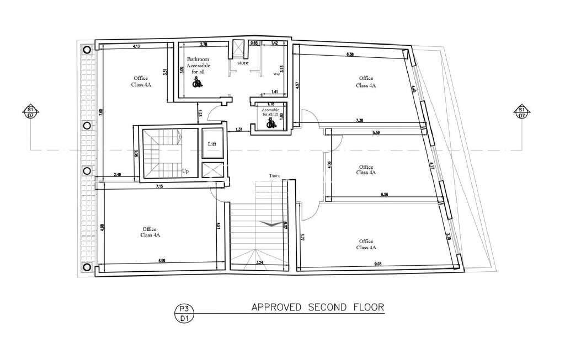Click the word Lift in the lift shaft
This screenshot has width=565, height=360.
tap(212, 144)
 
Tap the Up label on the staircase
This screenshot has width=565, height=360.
tap(185, 171)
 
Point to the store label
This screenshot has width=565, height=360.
tap(243, 63)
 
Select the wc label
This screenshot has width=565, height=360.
tap(277, 73)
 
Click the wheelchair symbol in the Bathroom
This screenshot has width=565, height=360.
tap(196, 83)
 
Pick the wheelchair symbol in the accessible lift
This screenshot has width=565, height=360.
tap(270, 125)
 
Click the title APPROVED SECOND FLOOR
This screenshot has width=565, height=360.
tap(317, 307)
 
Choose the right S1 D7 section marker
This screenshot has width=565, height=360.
tap(520, 112)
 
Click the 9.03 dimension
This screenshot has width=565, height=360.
tap(378, 264)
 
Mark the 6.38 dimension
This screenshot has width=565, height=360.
tap(350, 54)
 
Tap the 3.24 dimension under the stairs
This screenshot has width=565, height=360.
tap(259, 263)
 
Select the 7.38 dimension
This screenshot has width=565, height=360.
tap(359, 120)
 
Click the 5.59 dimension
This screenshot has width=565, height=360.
tap(377, 133)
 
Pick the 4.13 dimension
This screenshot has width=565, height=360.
tap(136, 47)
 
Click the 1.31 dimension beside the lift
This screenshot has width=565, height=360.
tap(239, 130)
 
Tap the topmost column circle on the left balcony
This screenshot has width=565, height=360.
tap(87, 50)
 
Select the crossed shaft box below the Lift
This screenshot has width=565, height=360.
tap(212, 170)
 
